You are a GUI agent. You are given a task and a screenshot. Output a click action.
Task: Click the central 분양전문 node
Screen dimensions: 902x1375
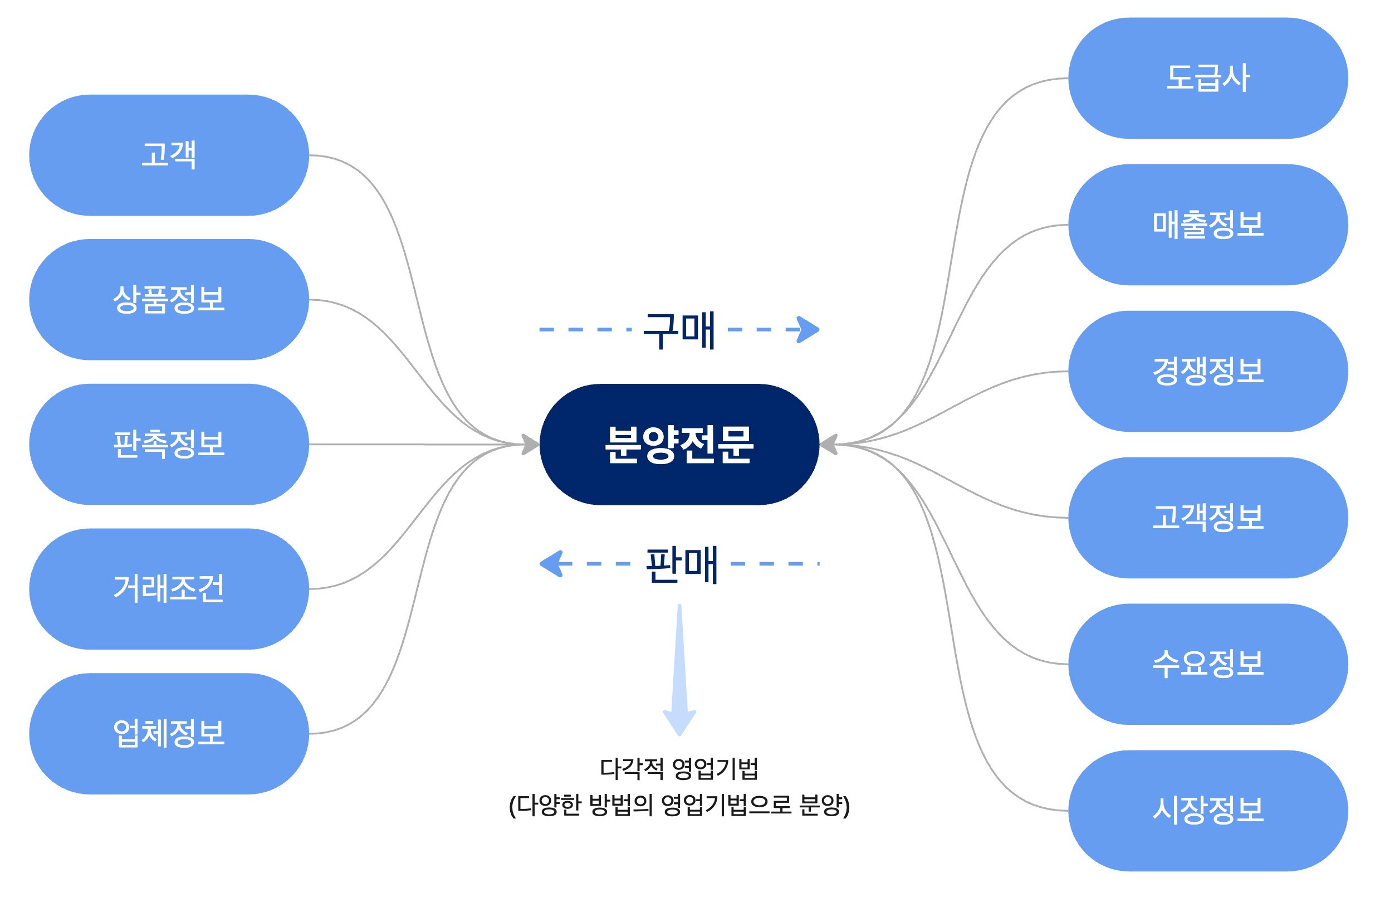[679, 445]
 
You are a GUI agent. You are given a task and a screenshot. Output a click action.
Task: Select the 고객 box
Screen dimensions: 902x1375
[169, 155]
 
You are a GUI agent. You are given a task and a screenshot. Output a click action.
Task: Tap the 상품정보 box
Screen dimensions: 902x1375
[169, 299]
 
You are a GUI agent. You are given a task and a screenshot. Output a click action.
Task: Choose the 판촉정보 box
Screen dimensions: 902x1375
[169, 445]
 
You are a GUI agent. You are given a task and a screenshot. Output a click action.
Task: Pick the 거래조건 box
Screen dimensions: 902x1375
[169, 589]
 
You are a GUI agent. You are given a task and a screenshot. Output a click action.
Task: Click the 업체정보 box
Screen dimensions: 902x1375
[169, 733]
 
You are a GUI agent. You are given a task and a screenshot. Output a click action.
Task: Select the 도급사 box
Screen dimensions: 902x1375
[1207, 78]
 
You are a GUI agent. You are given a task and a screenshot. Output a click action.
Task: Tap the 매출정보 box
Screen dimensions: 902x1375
[1207, 224]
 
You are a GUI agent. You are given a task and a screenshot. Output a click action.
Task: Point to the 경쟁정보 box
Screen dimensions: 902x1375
[1207, 371]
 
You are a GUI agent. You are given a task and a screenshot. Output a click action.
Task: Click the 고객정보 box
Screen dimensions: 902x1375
[1207, 517]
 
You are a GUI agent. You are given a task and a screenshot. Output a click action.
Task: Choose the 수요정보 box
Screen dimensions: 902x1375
[1207, 664]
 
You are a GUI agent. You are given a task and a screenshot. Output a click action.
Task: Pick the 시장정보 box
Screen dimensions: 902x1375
[1207, 810]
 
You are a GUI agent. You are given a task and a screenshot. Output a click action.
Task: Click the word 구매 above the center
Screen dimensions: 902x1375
[679, 330]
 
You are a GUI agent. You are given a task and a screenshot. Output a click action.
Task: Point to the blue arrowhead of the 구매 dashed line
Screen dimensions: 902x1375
[809, 330]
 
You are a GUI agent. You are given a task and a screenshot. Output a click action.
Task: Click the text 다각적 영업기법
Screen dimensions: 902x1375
[679, 768]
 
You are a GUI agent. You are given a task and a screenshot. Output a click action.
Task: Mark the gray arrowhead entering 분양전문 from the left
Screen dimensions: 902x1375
[530, 445]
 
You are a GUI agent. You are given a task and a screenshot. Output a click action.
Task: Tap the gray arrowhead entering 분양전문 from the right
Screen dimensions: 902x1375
[829, 445]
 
